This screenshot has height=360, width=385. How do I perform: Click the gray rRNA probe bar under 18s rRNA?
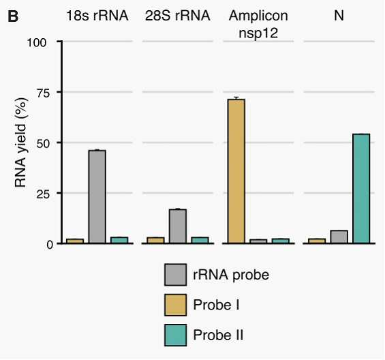[x=97, y=196]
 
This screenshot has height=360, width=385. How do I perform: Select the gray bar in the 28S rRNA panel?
[x=178, y=226]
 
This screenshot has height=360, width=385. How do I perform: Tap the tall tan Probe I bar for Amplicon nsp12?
[x=236, y=171]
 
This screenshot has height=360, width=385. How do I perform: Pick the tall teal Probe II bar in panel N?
[x=361, y=189]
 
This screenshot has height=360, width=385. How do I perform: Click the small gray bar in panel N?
[x=339, y=237]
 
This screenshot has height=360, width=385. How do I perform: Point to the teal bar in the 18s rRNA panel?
[x=119, y=240]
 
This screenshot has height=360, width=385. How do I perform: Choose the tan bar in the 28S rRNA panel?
[x=155, y=240]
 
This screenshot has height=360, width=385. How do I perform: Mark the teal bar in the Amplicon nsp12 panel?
[x=280, y=241]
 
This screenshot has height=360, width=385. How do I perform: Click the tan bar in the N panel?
[x=317, y=241]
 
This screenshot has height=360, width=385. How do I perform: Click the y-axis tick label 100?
[x=37, y=42]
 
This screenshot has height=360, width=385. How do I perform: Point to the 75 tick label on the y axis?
[x=42, y=93]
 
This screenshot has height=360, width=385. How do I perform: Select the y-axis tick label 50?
[x=42, y=144]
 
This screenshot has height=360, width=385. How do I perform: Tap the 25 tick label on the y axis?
[x=42, y=194]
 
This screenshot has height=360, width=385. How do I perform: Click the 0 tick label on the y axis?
[x=50, y=245]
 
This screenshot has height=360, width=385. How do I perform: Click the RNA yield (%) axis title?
[x=20, y=142]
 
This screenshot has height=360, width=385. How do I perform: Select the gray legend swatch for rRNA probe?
[x=175, y=275]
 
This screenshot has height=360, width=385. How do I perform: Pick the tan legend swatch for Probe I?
[x=175, y=305]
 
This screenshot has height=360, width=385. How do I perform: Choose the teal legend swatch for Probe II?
[x=175, y=335]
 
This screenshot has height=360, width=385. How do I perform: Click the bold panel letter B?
[x=13, y=16]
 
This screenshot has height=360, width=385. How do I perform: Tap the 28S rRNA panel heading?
[x=178, y=16]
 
